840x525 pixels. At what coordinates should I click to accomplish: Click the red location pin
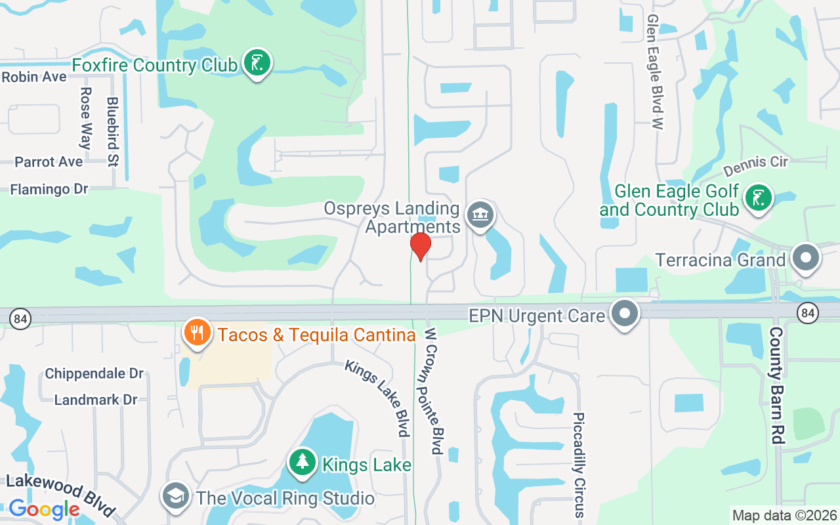coord(420,246)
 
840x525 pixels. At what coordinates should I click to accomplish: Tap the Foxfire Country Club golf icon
coord(257,63)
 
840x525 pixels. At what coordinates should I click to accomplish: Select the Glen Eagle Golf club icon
coord(759,198)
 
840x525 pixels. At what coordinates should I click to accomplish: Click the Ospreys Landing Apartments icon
coord(480,215)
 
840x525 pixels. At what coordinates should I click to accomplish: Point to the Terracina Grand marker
coord(805,259)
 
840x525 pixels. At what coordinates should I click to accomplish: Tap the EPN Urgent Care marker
coord(625,314)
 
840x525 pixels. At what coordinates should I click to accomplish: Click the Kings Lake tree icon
coord(302,463)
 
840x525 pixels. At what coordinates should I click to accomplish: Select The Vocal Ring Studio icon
coord(176,496)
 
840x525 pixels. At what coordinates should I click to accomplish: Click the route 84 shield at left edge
coord(20,319)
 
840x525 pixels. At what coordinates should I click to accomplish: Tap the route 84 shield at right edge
coord(808,314)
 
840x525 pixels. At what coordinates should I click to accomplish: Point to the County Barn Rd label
coord(776,385)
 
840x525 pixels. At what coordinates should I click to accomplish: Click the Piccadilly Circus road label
coord(578,465)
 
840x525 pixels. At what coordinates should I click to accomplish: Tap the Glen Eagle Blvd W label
coord(654,72)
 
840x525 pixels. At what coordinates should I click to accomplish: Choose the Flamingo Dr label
coord(49,190)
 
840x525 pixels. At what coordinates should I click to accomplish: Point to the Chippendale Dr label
coord(94,373)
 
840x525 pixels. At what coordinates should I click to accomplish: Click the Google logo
coord(44,509)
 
